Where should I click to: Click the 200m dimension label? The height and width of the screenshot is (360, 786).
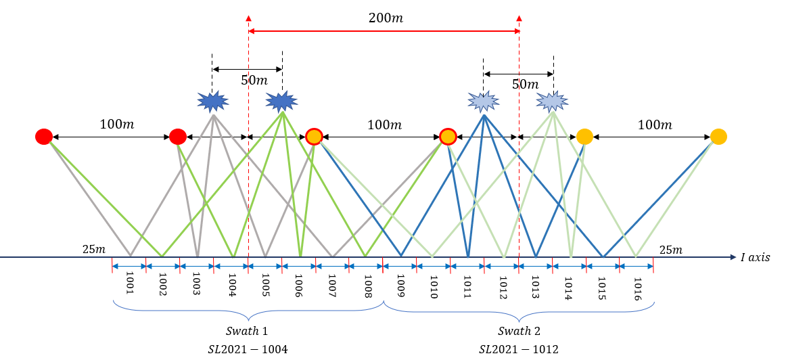pyautogui.click(x=386, y=18)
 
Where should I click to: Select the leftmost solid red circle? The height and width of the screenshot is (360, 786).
pyautogui.click(x=44, y=137)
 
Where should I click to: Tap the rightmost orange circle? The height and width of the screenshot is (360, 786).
pyautogui.click(x=718, y=137)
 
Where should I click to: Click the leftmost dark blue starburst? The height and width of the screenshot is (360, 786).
pyautogui.click(x=213, y=102)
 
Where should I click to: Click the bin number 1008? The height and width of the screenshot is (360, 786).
pyautogui.click(x=367, y=282)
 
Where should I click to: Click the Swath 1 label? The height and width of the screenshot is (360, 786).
pyautogui.click(x=247, y=332)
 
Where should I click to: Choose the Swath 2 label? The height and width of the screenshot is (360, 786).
pyautogui.click(x=519, y=332)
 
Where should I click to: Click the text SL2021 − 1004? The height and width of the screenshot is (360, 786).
pyautogui.click(x=247, y=349)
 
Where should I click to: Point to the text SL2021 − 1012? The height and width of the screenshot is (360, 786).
pyautogui.click(x=519, y=349)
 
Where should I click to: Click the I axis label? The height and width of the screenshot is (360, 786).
pyautogui.click(x=755, y=257)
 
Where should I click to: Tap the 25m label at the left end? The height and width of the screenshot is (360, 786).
pyautogui.click(x=94, y=250)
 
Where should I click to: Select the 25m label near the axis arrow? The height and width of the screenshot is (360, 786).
pyautogui.click(x=671, y=250)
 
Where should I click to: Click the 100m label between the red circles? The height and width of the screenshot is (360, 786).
pyautogui.click(x=111, y=125)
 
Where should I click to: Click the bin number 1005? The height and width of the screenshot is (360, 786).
pyautogui.click(x=265, y=282)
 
